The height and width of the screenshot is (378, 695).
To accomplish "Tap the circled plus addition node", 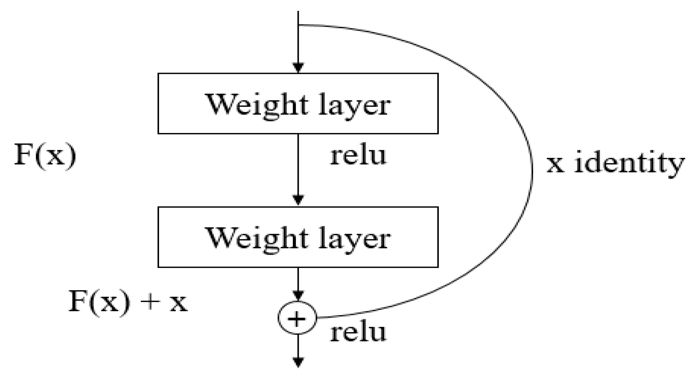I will coord(297,318).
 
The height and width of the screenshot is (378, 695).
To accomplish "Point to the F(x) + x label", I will coord(128,301).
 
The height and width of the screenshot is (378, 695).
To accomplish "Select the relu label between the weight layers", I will coord(358,156).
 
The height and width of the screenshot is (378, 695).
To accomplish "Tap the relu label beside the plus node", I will coord(358,333).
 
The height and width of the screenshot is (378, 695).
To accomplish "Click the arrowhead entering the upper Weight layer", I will coord(298,68).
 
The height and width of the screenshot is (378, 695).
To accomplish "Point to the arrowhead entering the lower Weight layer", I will coord(298,200).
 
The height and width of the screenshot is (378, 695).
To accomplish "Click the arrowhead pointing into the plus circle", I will coord(298,296).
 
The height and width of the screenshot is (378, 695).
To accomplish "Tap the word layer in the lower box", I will coord(354,239).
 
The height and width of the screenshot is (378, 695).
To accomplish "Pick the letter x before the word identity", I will coord(555,165).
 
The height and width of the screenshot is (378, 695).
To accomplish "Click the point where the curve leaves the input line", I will coord(299,25).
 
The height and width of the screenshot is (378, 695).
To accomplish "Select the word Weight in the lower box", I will coord(257,239).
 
